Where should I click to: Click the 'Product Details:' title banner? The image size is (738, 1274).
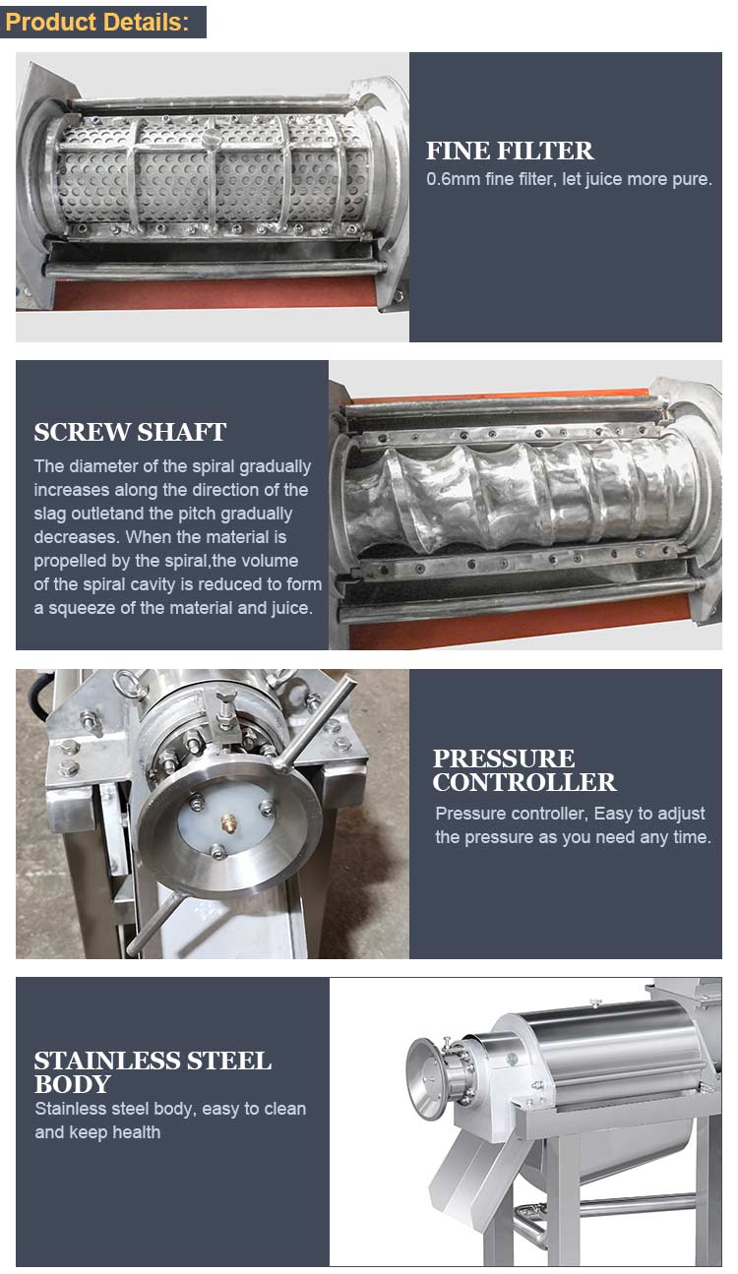pos(103,23)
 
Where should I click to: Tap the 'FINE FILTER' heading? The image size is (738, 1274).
pos(510,151)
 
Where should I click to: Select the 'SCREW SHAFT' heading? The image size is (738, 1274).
pos(130,432)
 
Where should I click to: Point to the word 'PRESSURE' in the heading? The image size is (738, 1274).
pos(504,758)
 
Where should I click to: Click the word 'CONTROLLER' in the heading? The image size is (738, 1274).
pos(524,782)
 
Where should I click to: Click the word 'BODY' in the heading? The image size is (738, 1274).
pos(72,1084)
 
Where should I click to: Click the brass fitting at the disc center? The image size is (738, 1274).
pos(228,821)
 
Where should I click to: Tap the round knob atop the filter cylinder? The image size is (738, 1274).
pos(212,137)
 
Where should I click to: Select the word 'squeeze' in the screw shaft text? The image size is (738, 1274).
pos(82,608)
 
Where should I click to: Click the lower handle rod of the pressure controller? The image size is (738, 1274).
pos(154,921)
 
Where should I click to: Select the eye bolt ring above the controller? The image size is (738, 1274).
pos(126,683)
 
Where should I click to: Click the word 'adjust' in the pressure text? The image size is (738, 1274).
pos(679,814)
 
